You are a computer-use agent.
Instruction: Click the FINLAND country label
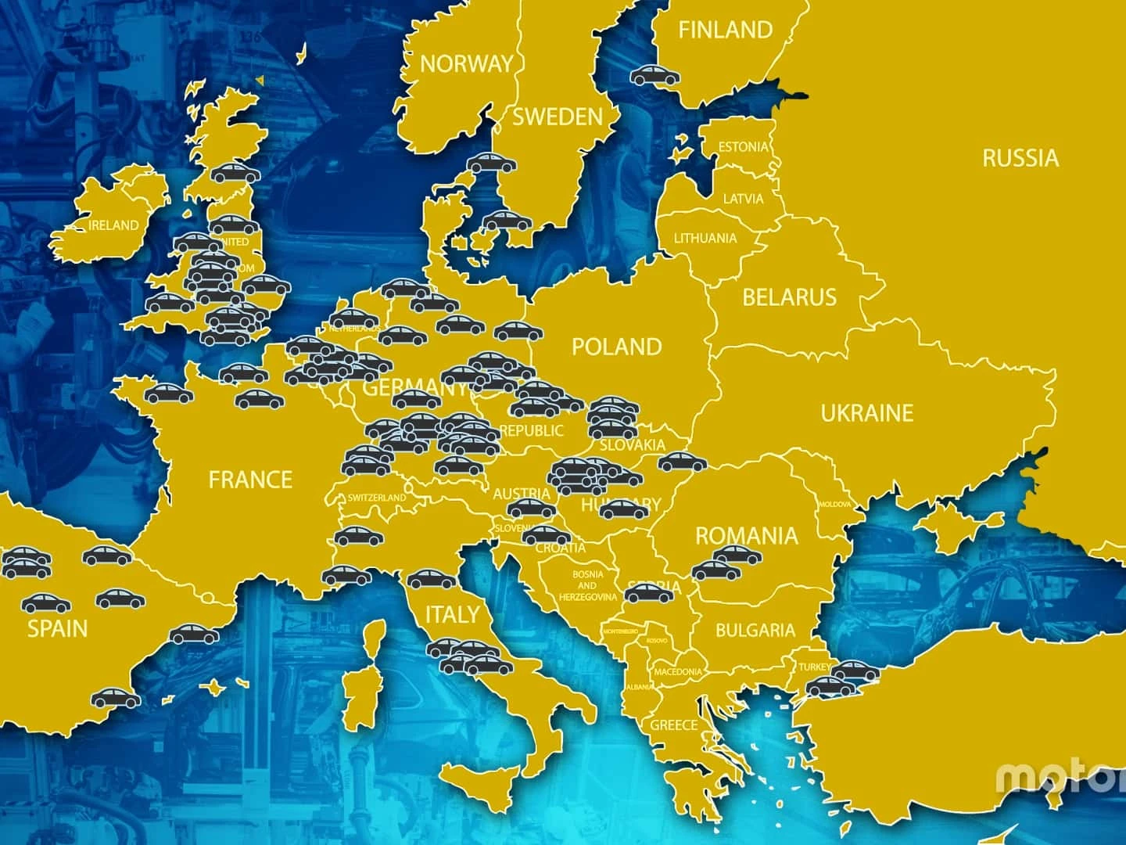tap(725, 31)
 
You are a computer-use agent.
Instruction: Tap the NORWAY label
tap(467, 64)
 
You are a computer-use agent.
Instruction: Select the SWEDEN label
tap(558, 117)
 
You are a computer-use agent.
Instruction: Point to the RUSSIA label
tap(1020, 158)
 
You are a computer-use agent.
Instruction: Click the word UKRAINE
tap(866, 413)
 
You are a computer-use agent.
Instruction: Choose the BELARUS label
tap(789, 297)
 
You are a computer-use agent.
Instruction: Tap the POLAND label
tap(617, 347)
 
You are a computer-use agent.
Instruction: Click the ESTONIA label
tap(743, 147)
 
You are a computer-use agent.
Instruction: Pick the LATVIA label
tap(743, 199)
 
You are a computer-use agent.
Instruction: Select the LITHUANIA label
tap(705, 239)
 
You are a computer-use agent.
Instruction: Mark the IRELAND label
tap(113, 225)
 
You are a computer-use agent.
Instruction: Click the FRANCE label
tap(250, 480)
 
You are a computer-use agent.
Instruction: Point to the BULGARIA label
tap(755, 631)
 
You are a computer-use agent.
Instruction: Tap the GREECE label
tap(674, 725)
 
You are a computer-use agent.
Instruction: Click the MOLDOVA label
tap(834, 505)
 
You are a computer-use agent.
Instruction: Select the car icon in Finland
tap(655, 76)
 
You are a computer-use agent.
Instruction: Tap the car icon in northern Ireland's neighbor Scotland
tap(235, 173)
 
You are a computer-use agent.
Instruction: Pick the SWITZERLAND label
tap(377, 498)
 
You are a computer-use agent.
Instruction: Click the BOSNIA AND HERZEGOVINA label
tap(587, 585)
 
